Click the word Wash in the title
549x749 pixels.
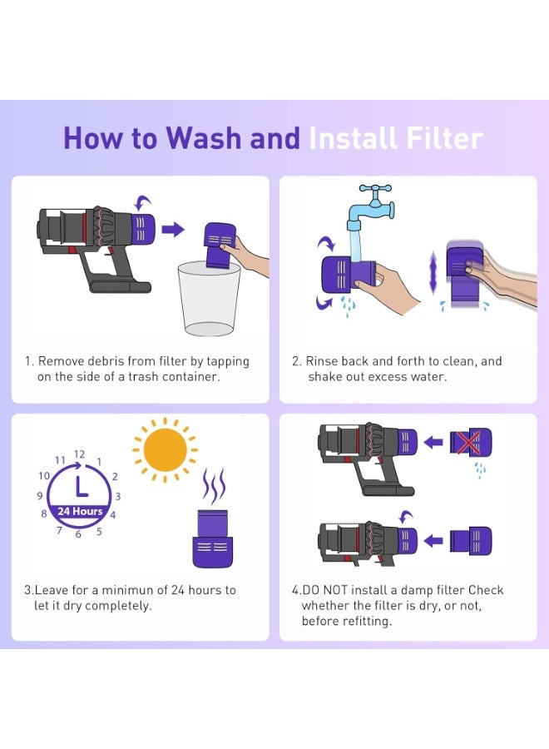(x=205, y=138)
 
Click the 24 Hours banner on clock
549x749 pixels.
(x=80, y=511)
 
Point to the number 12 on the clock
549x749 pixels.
(x=79, y=454)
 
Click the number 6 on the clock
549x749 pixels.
(x=78, y=534)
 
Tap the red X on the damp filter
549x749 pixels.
(x=467, y=444)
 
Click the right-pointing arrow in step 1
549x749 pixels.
(x=173, y=230)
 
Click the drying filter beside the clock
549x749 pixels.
(x=213, y=538)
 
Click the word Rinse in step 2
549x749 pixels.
(x=322, y=361)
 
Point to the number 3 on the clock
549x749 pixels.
(x=118, y=496)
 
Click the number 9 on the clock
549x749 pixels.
(x=39, y=496)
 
